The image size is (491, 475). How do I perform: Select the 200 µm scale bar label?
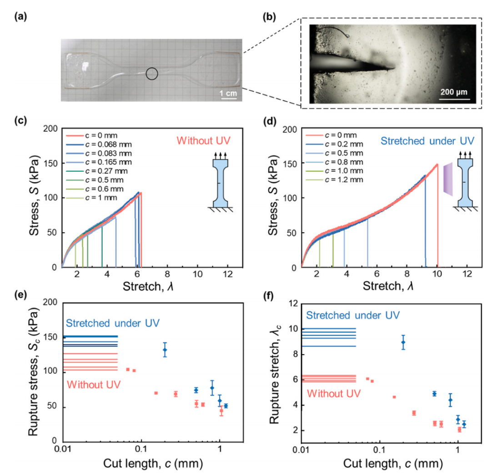[x=453, y=93]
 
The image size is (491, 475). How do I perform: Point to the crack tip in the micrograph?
[x=393, y=69]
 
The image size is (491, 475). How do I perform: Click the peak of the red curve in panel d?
[x=437, y=165]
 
